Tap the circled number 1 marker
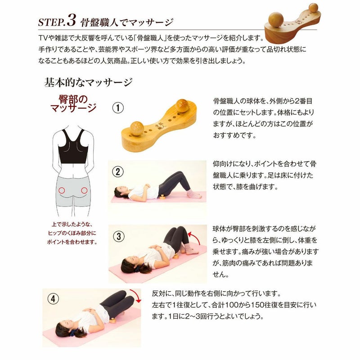click(x=118, y=108)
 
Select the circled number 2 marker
click(x=118, y=172)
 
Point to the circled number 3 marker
click(x=119, y=237)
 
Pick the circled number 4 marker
click(x=53, y=299)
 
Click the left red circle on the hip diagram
click(x=62, y=190)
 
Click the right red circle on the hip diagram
click(x=84, y=190)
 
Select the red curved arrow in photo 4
click(x=136, y=295)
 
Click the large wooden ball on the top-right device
click(x=276, y=20)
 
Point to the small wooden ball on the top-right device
click(x=313, y=8)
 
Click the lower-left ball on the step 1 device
click(x=137, y=128)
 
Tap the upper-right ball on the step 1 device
click(x=182, y=106)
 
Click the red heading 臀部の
click(x=73, y=99)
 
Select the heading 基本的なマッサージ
click(x=88, y=82)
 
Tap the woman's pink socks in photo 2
click(x=193, y=194)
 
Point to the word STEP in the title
click(x=51, y=22)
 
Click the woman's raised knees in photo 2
click(x=178, y=174)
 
